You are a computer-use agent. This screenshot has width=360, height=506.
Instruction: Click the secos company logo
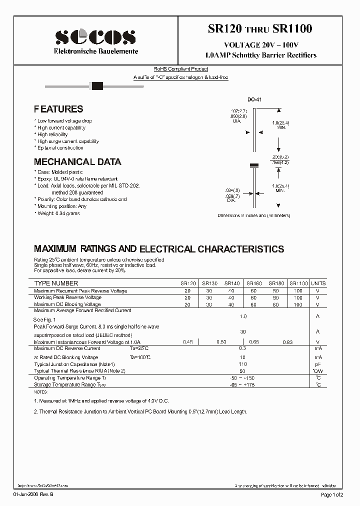pyautogui.click(x=95, y=37)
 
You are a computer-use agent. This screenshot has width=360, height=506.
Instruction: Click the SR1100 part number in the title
pyautogui.click(x=292, y=29)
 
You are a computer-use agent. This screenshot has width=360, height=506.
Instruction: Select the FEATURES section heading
pyautogui.click(x=58, y=109)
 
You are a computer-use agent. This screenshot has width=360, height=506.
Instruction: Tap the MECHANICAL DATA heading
pyautogui.click(x=77, y=162)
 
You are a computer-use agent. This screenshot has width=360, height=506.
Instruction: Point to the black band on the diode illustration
pyautogui.click(x=97, y=86)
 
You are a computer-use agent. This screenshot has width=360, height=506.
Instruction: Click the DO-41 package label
pyautogui.click(x=254, y=99)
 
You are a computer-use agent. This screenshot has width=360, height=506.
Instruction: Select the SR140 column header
pyautogui.click(x=232, y=283)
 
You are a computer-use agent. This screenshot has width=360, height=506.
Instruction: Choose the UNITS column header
pyautogui.click(x=318, y=283)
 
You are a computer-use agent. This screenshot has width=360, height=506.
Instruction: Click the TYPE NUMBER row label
pyautogui.click(x=56, y=283)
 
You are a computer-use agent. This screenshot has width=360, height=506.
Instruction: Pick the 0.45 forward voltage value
pyautogui.click(x=188, y=342)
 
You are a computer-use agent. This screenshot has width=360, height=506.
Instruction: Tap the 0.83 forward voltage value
pyautogui.click(x=287, y=342)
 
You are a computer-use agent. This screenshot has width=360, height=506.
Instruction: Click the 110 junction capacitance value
pyautogui.click(x=243, y=364)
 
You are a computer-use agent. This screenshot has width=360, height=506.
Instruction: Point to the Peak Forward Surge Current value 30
pyautogui.click(x=243, y=331)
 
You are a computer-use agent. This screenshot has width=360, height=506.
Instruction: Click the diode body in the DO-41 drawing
pyautogui.click(x=254, y=165)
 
